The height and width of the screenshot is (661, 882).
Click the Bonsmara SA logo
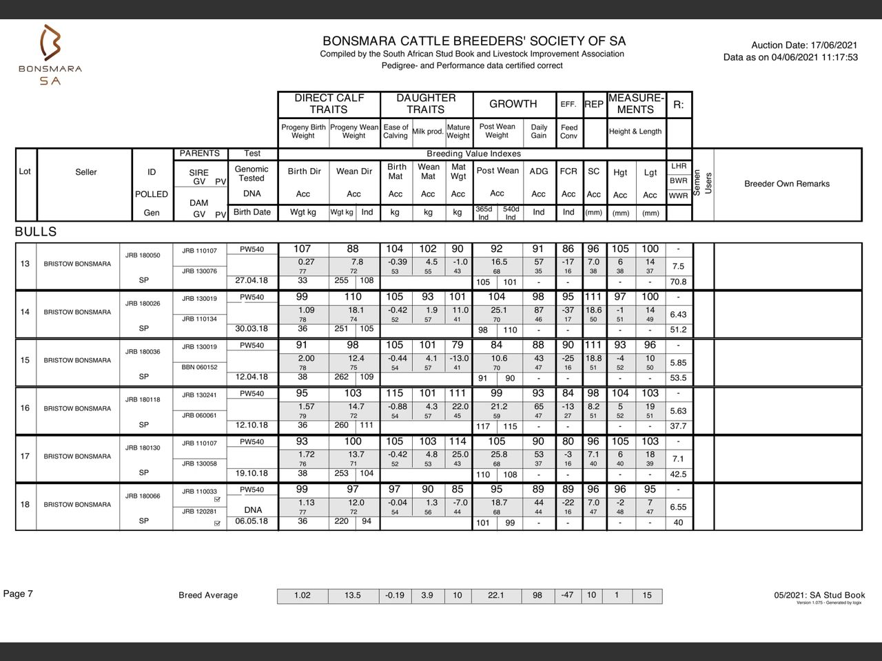click(x=50, y=55)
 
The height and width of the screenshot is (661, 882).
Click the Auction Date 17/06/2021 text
click(x=804, y=45)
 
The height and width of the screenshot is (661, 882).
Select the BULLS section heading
click(x=36, y=232)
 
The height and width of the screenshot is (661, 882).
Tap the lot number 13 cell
click(x=25, y=264)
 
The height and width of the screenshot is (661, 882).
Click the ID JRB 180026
click(x=143, y=304)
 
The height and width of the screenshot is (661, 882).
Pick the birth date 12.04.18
click(x=252, y=377)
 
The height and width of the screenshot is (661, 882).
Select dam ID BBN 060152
click(x=199, y=367)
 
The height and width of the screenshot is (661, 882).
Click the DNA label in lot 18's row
click(x=253, y=510)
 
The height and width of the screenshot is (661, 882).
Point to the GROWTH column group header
click(x=513, y=104)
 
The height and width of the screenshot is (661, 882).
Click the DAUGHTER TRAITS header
click(x=426, y=104)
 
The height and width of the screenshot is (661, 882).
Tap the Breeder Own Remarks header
click(x=787, y=184)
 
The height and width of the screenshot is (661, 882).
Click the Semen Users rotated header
click(x=703, y=183)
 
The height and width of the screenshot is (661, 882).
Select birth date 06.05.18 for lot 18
click(x=252, y=521)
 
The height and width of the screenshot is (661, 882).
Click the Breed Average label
click(x=208, y=596)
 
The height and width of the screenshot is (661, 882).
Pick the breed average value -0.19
click(x=395, y=596)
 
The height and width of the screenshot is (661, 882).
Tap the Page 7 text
click(x=18, y=594)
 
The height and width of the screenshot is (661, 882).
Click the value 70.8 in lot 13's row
click(x=678, y=282)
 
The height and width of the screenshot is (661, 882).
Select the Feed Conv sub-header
click(x=568, y=132)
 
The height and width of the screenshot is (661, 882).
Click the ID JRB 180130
click(x=143, y=448)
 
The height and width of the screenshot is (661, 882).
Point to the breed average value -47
click(x=567, y=595)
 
